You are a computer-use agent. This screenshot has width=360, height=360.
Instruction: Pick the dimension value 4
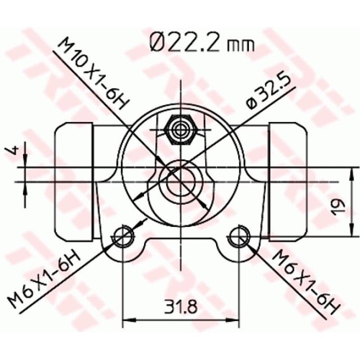pyautogui.click(x=13, y=150)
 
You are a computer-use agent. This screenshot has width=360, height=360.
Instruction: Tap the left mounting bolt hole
pyautogui.click(x=122, y=236)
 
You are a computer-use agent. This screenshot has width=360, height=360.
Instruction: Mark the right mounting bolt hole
pyautogui.click(x=238, y=236)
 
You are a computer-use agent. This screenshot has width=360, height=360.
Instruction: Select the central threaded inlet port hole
pyautogui.click(x=180, y=182)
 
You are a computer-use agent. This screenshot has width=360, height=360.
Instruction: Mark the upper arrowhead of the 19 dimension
pyautogui.click(x=351, y=172)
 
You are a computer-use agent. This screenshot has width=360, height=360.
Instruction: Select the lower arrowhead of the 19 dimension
pyautogui.click(x=351, y=231)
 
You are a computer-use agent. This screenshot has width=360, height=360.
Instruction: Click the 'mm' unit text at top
pyautogui.click(x=241, y=45)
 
